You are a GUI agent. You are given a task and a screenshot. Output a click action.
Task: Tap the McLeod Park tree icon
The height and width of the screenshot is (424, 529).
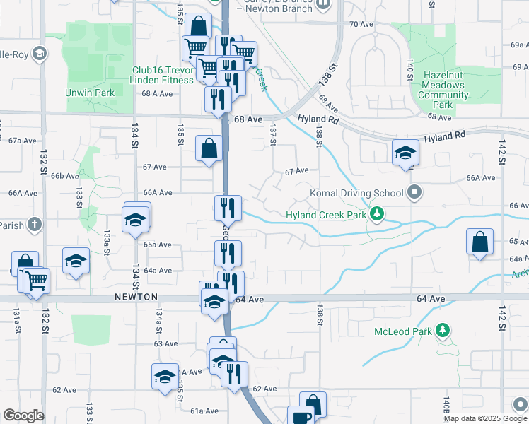point(443,330)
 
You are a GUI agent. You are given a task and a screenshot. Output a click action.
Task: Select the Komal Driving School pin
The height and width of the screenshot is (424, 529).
point(415,192)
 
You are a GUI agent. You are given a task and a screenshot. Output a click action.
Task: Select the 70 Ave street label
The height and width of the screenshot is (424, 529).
point(361,24)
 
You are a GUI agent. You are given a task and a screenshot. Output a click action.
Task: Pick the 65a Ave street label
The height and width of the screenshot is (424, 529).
point(158,245)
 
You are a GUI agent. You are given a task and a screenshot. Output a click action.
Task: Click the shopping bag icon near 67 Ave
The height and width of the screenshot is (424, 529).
point(209,149)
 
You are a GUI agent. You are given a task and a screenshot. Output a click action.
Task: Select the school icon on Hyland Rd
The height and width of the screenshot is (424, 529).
point(406,153)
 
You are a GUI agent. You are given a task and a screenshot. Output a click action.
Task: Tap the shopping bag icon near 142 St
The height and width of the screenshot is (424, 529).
point(479,240)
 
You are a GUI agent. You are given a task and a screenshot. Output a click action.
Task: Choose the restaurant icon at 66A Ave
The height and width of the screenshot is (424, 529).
point(228,208)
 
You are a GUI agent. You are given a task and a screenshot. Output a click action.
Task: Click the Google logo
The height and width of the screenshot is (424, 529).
point(23,416)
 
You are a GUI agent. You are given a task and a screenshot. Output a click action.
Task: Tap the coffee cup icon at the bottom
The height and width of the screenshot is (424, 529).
point(300,417)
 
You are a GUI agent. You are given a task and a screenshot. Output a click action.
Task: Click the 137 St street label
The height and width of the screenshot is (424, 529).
point(272,134)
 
